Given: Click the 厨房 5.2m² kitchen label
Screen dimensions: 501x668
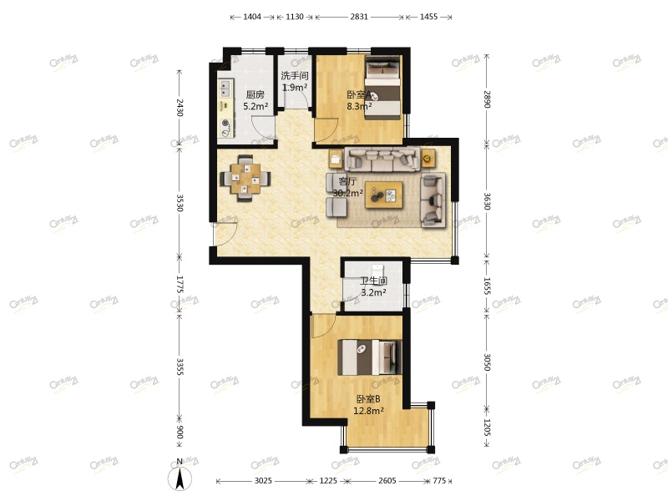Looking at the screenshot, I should click(255, 100).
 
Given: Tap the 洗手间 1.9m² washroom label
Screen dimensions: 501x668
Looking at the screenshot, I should click(295, 81).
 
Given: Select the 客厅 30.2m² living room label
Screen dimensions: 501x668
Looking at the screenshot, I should click(347, 187).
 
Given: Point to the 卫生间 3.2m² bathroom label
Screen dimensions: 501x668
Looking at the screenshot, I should click(373, 286).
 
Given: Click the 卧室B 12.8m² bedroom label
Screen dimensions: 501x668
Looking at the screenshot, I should click(368, 405).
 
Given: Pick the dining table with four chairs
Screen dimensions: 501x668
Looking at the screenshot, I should click(245, 178).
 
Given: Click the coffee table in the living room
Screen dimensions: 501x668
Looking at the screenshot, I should click(385, 195).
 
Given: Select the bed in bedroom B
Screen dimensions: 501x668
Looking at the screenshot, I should click(368, 357).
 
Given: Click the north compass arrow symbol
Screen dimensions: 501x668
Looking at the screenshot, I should click(180, 478).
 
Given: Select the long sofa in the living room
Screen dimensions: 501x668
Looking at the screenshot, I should click(382, 159).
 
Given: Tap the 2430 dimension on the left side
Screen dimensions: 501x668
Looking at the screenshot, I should click(179, 109).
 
